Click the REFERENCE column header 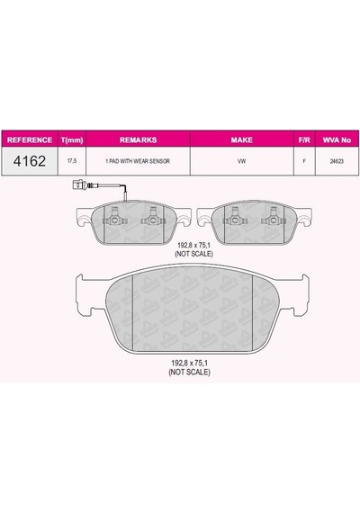click(30, 140)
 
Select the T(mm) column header click(72, 140)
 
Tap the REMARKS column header click(138, 140)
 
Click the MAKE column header click(241, 140)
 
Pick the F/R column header click(304, 140)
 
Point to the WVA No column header click(337, 140)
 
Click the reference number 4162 click(30, 161)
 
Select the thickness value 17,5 click(72, 161)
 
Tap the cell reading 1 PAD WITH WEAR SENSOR click(138, 161)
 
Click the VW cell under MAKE click(242, 161)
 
